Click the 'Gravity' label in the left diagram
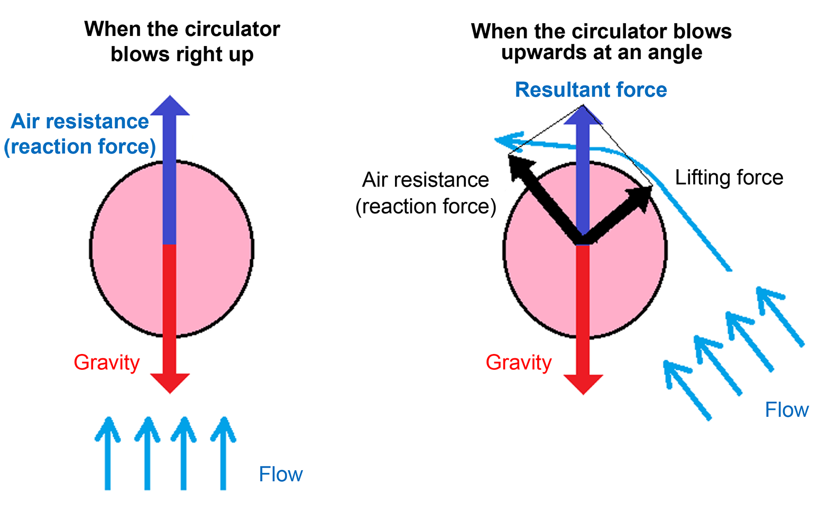click(x=106, y=362)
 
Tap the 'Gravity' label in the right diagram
click(x=519, y=362)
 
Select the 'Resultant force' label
click(x=591, y=90)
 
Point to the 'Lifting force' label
click(x=729, y=178)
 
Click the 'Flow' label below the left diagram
click(x=280, y=474)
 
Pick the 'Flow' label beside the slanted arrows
click(x=787, y=410)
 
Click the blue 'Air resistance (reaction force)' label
click(x=80, y=134)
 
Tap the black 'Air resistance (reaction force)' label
click(x=426, y=193)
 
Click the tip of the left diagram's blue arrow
click(x=170, y=98)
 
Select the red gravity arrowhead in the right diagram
click(x=583, y=384)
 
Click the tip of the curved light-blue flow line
click(x=497, y=139)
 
